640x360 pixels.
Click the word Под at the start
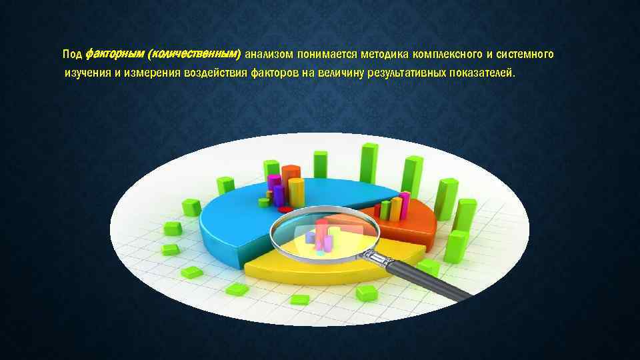click(x=71, y=53)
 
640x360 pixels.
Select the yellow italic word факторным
click(x=115, y=53)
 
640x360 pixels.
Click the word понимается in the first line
click(x=327, y=53)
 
